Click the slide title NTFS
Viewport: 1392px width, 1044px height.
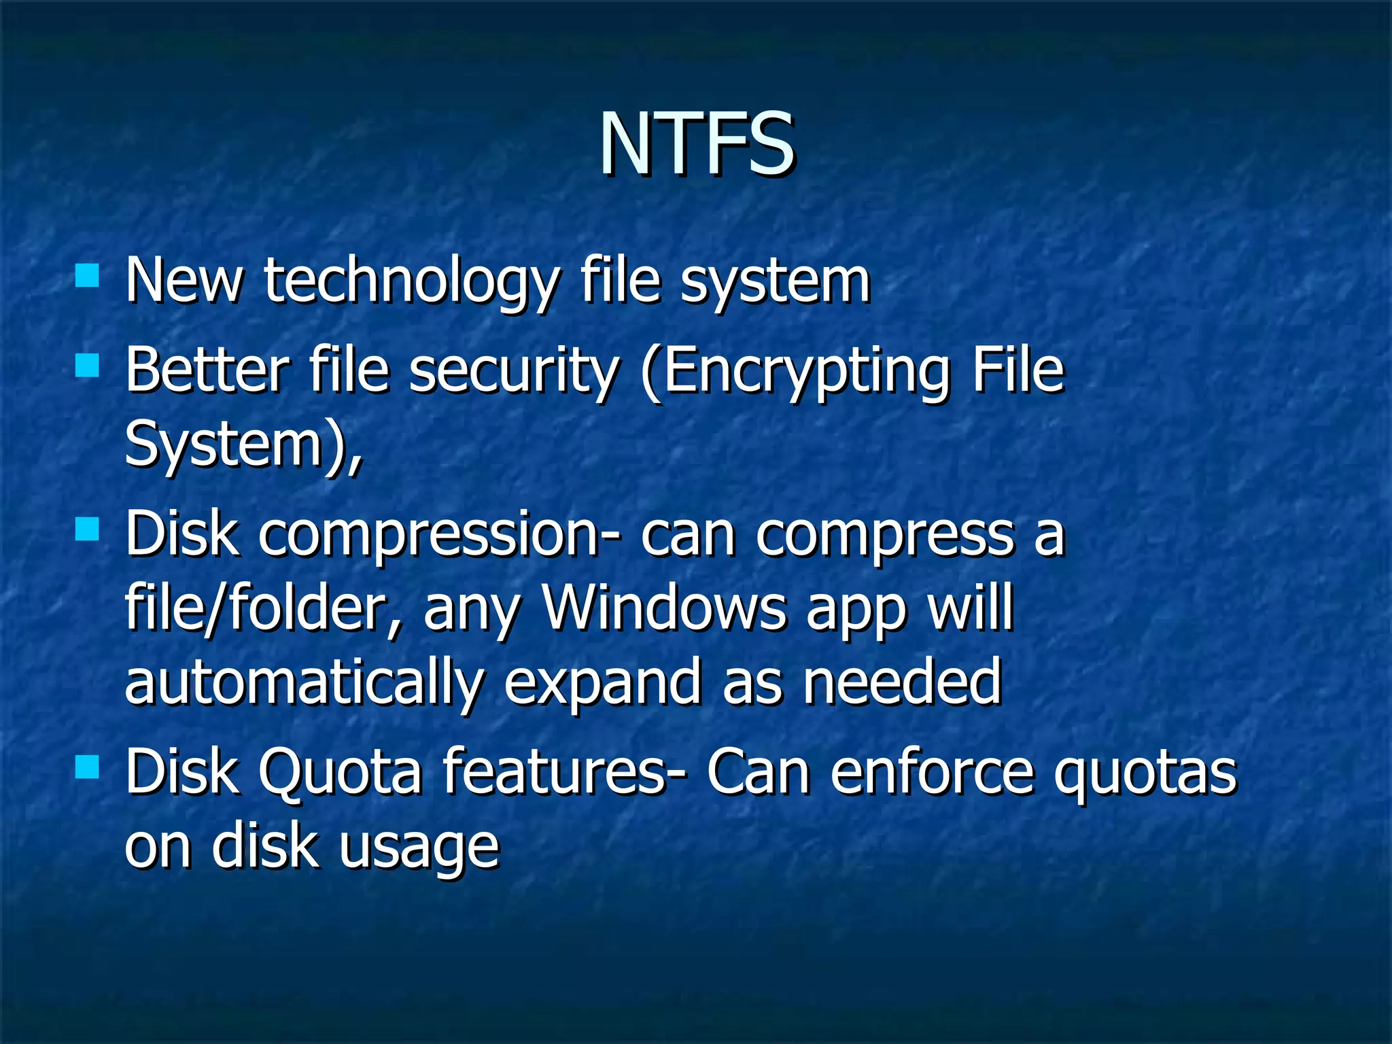click(x=696, y=143)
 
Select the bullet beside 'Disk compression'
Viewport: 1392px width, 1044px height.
click(x=87, y=529)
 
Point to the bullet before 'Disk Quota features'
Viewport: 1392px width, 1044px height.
click(x=87, y=767)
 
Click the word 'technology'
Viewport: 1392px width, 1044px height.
click(x=412, y=282)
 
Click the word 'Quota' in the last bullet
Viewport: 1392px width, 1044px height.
click(x=341, y=773)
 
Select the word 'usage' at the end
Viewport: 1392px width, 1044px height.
click(x=419, y=848)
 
